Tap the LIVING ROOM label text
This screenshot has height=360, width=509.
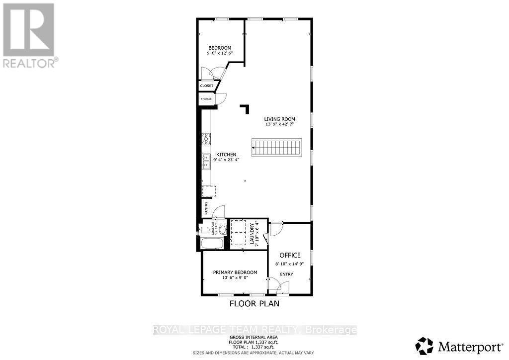[x=279, y=119]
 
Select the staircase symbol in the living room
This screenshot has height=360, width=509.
[x=276, y=148]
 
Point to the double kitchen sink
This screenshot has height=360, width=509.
[x=206, y=162]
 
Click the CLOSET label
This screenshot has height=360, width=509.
[x=207, y=86]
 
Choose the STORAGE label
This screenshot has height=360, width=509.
[x=206, y=99]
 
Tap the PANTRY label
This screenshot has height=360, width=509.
[x=205, y=208]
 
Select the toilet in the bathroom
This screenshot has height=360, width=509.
[x=203, y=230]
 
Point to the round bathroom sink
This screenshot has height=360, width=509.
[x=223, y=230]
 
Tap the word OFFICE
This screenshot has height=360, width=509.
[x=286, y=255]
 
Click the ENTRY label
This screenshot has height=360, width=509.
[x=286, y=274]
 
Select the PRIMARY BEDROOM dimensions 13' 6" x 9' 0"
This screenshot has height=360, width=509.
[x=235, y=278]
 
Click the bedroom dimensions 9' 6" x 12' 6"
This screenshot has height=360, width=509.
[x=220, y=53]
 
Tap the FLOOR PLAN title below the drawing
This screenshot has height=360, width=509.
[x=254, y=303]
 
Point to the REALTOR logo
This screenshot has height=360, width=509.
[x=29, y=35]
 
